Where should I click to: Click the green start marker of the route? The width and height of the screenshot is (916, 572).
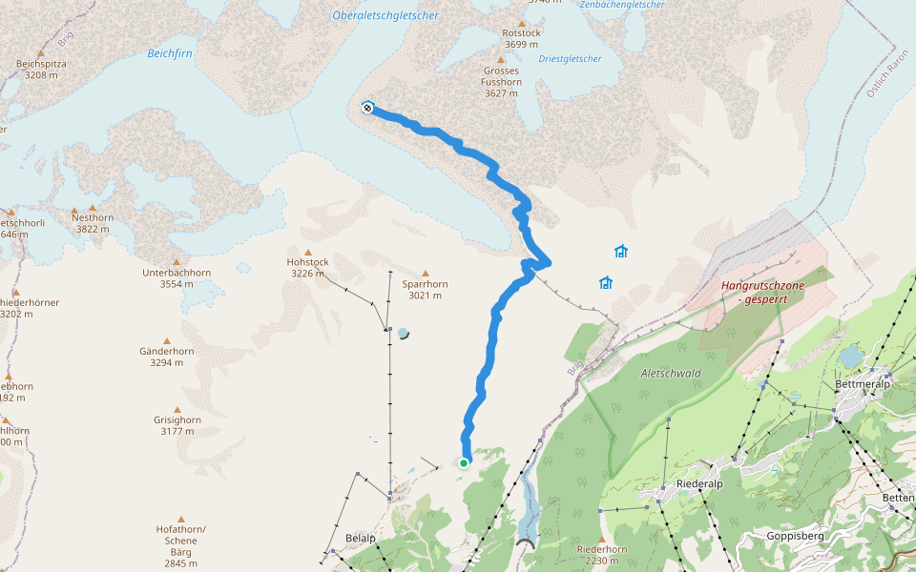[464, 463]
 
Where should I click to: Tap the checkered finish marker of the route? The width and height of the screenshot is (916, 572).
[367, 108]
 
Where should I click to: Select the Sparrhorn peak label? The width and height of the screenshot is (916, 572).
[425, 290]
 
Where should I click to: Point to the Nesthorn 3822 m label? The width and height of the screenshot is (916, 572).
[93, 223]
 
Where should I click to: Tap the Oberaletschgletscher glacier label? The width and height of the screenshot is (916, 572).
[385, 15]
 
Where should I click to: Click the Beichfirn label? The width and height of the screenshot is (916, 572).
[170, 53]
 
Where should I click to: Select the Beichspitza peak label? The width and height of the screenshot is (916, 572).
[40, 70]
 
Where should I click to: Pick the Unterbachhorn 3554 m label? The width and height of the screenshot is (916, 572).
[176, 278]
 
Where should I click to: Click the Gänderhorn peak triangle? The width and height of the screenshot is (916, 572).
[167, 340]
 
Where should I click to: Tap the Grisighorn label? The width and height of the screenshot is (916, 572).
[177, 425]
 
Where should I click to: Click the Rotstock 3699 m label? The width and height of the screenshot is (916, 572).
[521, 38]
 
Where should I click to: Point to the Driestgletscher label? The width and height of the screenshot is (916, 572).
[570, 59]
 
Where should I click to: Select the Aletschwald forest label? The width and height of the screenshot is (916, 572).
[671, 374]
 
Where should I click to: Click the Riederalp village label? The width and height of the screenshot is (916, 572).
[698, 483]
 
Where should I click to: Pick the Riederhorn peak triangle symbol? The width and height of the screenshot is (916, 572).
[601, 538]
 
